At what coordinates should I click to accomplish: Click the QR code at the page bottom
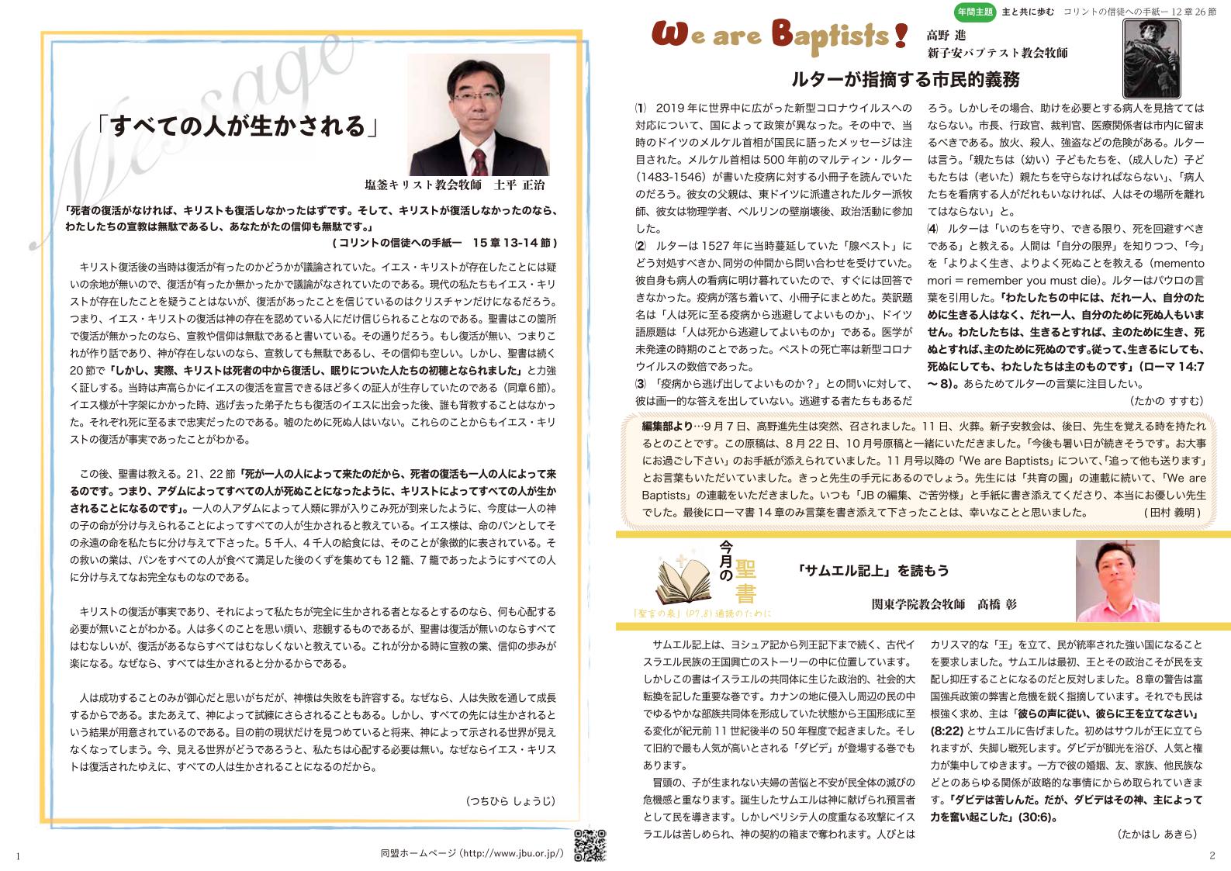coord(589,845)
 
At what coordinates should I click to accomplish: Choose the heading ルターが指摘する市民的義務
coord(904,79)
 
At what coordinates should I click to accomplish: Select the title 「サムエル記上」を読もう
coord(873,571)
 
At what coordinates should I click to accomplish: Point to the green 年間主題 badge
coord(977,12)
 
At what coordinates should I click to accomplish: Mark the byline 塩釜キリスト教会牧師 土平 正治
coord(455,186)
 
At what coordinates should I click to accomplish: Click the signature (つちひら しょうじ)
coord(511,801)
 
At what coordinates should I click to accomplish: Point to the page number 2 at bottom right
coord(1212,855)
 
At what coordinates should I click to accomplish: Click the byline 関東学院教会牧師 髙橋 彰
coord(943,604)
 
